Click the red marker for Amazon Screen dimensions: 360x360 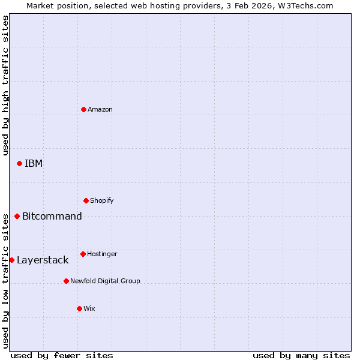83,109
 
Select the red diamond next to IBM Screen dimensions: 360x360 19,163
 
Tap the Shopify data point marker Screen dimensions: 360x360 86,200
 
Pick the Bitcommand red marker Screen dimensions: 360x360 17,216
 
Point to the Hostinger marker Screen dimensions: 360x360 83,254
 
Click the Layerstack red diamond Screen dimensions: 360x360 11,260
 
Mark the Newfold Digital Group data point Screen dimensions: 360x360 66,281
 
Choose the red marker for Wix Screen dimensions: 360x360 79,308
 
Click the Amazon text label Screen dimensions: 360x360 100,109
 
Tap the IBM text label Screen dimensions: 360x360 34,163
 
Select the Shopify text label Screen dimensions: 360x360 102,200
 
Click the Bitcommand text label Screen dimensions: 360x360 52,216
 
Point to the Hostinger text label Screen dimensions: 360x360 102,254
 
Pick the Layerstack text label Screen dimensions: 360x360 43,260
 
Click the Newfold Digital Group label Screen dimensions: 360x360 105,281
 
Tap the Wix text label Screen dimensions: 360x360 89,308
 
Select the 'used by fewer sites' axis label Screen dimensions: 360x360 62,355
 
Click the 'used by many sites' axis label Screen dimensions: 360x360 301,355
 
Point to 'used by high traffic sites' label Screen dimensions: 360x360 5,85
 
